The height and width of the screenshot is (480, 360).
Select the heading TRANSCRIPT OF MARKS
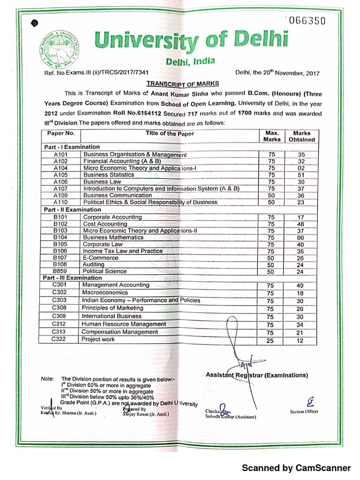click(x=183, y=83)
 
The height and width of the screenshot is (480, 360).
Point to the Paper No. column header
click(x=61, y=133)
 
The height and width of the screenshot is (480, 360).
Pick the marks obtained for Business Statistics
click(x=301, y=175)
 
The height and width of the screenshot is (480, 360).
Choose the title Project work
click(x=98, y=339)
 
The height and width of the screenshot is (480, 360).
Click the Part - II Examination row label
click(x=73, y=210)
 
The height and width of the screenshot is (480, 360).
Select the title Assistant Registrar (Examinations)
click(x=257, y=375)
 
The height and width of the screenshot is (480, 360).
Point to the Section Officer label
click(x=304, y=411)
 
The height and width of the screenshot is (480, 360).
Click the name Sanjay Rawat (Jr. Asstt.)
click(x=142, y=414)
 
